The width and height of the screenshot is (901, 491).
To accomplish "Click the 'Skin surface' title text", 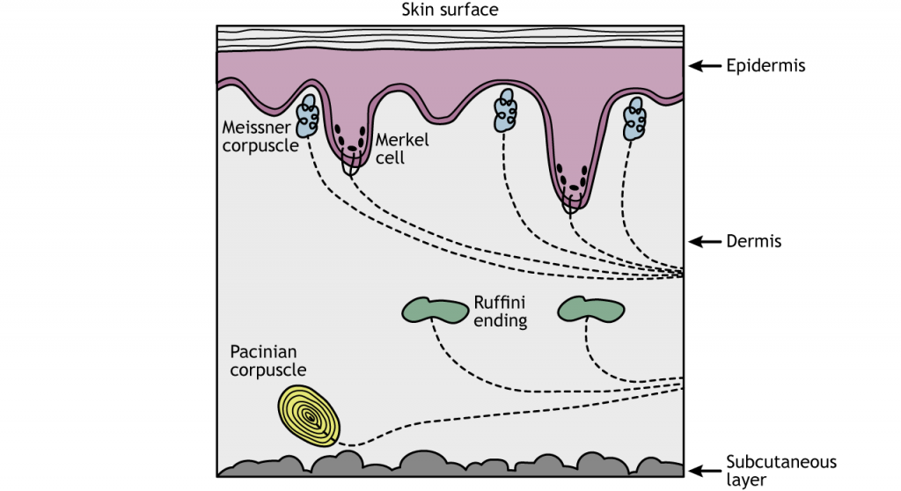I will pyautogui.click(x=450, y=10).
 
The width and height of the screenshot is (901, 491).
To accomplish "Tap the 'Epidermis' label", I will pyautogui.click(x=765, y=65).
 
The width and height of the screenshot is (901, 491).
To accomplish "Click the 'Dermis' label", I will pyautogui.click(x=754, y=241).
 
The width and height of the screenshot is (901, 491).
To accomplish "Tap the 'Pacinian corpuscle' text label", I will pyautogui.click(x=268, y=361).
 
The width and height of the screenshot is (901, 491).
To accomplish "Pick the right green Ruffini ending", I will pyautogui.click(x=592, y=308).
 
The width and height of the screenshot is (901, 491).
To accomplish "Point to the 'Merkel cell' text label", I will pyautogui.click(x=402, y=150).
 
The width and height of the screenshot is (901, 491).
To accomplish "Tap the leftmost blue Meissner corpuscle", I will pyautogui.click(x=307, y=115).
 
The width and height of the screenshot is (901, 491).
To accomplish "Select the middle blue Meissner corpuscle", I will pyautogui.click(x=506, y=110).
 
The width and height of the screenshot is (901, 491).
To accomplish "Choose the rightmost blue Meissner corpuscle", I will pyautogui.click(x=634, y=119).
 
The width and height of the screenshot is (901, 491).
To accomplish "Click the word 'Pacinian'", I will pyautogui.click(x=262, y=352).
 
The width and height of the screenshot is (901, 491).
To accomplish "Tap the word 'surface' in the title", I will pyautogui.click(x=471, y=10).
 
